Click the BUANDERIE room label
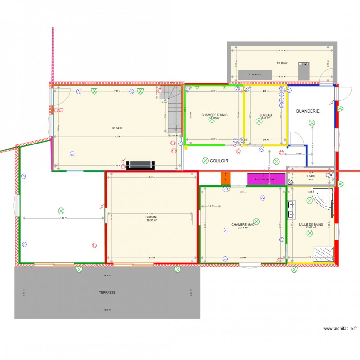308,111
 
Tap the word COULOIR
219,161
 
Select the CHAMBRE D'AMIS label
214,115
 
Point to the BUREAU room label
265,115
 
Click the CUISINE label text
152,217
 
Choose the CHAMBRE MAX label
242,224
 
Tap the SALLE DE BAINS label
310,224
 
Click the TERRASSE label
107,292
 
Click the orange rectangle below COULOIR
226,178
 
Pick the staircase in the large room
175,109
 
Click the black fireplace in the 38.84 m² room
140,166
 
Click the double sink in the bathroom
292,209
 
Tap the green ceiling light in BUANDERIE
312,123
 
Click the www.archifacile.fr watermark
340,329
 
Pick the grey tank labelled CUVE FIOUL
255,75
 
